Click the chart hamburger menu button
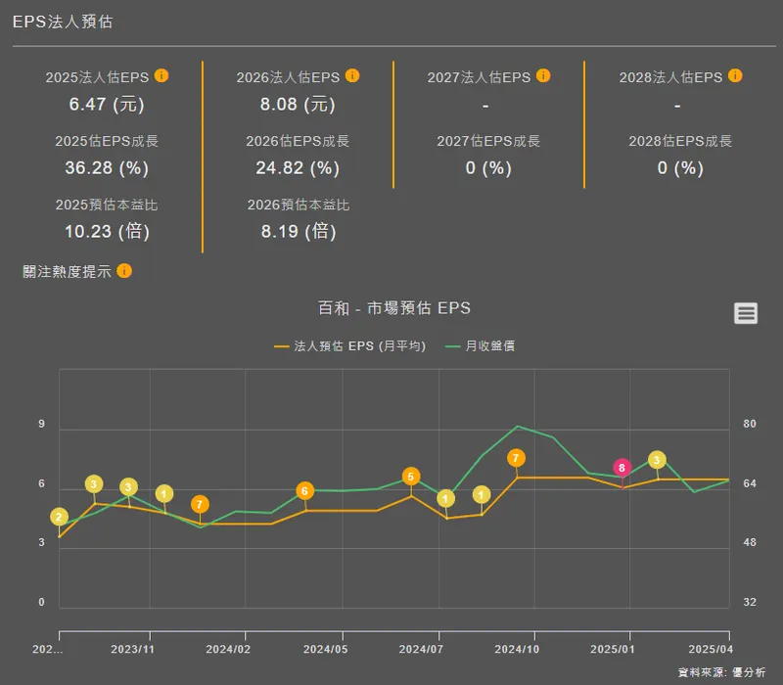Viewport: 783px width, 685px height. point(746,313)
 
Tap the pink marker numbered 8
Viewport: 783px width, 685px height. point(622,468)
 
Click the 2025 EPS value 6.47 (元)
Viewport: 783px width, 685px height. point(107,104)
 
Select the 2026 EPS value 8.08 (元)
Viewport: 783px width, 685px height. point(298,104)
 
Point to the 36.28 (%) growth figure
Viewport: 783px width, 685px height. point(107,167)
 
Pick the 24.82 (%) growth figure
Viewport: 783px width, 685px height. point(298,167)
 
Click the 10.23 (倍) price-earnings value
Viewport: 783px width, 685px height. point(107,232)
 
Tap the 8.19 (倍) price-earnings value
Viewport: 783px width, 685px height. point(298,232)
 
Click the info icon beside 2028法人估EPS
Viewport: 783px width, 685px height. point(735,75)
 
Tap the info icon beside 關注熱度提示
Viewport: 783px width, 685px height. point(124,271)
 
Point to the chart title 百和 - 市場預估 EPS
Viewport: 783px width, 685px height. point(394,308)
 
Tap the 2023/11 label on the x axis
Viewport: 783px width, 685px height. point(132,649)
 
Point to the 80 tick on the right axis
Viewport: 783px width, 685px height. point(750,424)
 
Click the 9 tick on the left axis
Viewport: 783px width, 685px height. point(42,424)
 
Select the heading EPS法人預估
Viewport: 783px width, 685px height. point(63,22)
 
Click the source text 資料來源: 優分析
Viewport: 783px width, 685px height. point(722,673)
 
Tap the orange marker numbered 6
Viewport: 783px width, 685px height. point(304,491)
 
